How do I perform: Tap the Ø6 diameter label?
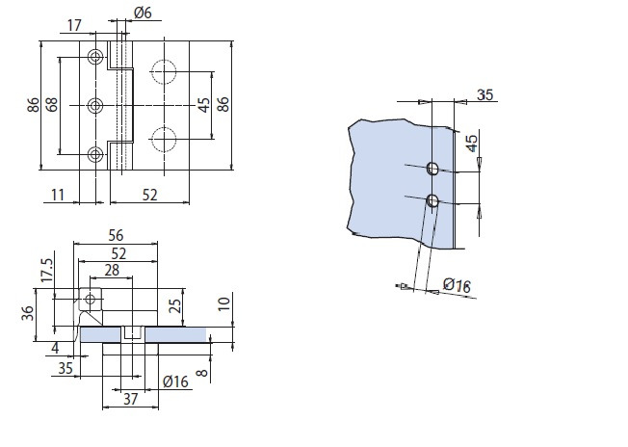click(142, 13)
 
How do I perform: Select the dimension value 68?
click(51, 104)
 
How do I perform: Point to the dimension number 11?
click(58, 196)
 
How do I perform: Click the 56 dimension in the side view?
click(117, 234)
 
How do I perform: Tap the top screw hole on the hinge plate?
click(94, 57)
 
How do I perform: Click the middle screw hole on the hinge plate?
click(94, 105)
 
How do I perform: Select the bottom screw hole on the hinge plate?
click(94, 153)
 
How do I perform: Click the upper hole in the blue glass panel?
click(432, 170)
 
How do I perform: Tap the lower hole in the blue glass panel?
click(432, 201)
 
